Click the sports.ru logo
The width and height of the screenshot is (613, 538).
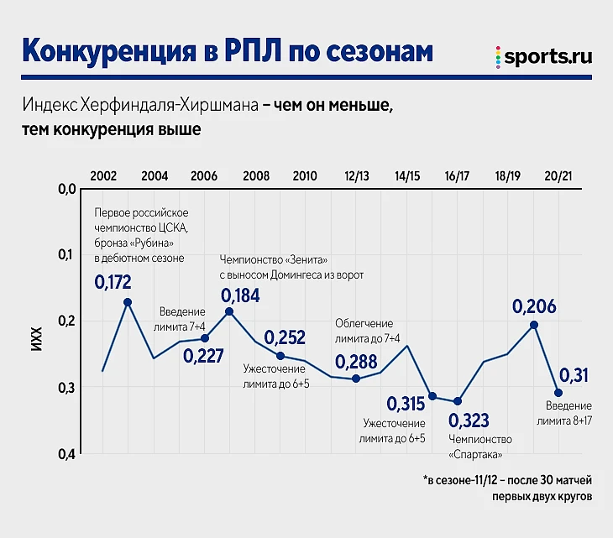coord(543,56)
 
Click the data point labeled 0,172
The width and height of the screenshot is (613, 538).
coord(128,302)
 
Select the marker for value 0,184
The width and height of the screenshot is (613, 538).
coord(229,311)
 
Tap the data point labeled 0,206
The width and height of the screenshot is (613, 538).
coord(533,325)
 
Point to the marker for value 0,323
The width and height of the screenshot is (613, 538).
coord(458,401)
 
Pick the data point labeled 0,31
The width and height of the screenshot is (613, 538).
coord(558,393)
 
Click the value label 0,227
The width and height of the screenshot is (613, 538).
coord(203,356)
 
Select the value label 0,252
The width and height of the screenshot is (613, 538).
coord(286,337)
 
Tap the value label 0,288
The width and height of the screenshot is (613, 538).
coord(356,362)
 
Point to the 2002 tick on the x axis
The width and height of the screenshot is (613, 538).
coord(103,176)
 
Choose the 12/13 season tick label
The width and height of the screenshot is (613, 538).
coord(357,176)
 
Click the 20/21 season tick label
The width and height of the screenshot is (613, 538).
coord(558,176)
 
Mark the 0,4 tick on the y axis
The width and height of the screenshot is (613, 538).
coord(66,454)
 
